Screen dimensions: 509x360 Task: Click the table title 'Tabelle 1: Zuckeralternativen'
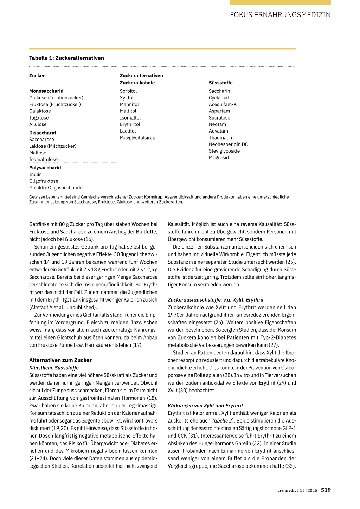66,58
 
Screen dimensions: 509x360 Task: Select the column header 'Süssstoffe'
220,83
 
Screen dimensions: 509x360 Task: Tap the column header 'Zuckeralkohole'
137,83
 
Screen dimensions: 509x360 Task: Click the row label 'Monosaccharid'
46,91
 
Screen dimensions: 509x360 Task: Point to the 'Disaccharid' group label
42,133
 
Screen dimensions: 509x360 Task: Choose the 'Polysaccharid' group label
45,168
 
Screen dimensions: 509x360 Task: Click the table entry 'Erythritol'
130,124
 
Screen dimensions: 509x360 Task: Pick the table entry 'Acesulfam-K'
223,104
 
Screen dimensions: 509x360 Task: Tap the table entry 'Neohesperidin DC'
228,144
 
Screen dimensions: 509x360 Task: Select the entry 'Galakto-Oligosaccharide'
56,188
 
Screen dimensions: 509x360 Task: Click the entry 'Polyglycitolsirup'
137,138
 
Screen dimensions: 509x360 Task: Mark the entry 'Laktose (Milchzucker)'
52,146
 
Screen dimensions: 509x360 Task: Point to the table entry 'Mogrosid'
219,158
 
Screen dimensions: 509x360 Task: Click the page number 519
326,490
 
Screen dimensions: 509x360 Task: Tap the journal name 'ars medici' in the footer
287,490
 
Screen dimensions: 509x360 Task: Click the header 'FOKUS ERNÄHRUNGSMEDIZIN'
280,15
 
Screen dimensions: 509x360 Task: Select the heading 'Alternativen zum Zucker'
60,360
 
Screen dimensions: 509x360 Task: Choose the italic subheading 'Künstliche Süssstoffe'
54,368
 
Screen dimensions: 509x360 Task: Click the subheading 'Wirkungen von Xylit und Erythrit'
205,406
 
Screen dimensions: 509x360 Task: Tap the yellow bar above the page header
280,2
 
